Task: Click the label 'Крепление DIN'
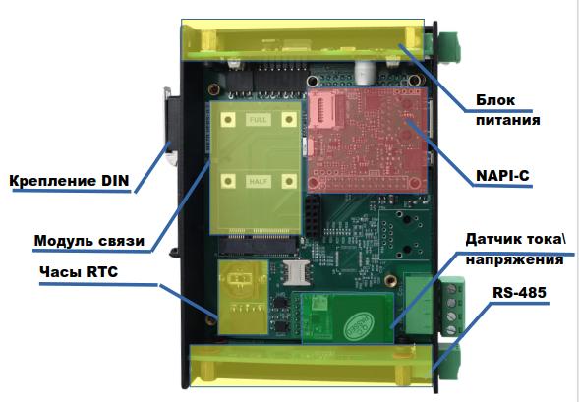point(69,181)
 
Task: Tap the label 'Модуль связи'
point(89,241)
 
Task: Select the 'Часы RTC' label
point(79,272)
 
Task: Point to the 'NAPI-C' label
point(502,176)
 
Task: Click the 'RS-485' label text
point(519,292)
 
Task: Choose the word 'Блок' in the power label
point(495,100)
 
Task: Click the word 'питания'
point(508,120)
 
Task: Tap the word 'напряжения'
point(514,259)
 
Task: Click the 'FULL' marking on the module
point(259,120)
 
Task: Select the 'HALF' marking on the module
point(259,181)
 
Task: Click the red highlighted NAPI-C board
point(368,140)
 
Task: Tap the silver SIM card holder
point(296,272)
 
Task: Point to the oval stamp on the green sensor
point(359,325)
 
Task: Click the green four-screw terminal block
point(453,307)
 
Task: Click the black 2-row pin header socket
point(313,216)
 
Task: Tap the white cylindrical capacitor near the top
point(365,72)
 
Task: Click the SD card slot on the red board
point(322,108)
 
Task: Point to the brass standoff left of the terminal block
point(390,280)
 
